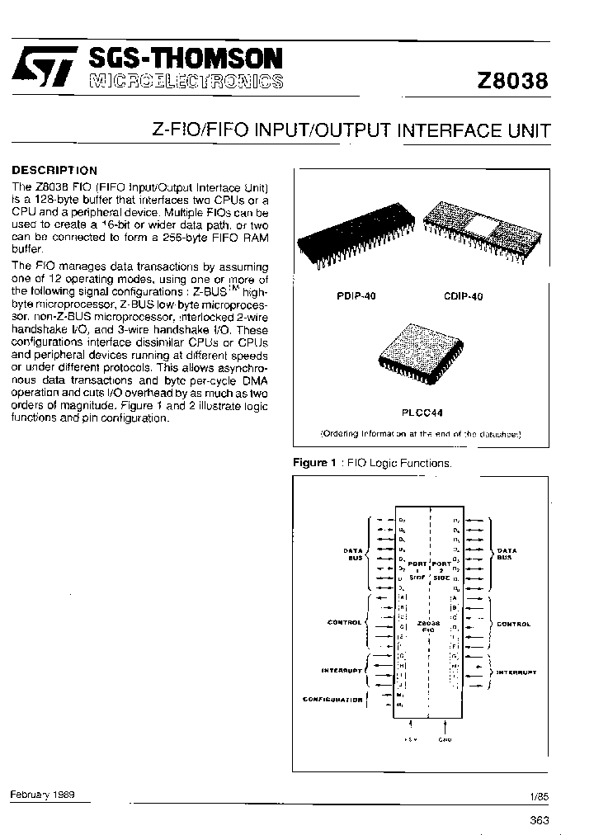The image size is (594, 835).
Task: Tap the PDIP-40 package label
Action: [356, 296]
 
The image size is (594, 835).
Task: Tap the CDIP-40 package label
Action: [462, 296]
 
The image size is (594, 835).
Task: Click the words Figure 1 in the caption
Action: [310, 463]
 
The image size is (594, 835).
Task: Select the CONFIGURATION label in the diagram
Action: [332, 700]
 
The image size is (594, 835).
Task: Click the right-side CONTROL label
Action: [513, 624]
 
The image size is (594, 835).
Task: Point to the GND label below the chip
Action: [445, 739]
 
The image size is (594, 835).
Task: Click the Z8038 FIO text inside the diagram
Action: [428, 625]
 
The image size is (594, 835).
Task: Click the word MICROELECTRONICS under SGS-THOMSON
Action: [185, 81]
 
